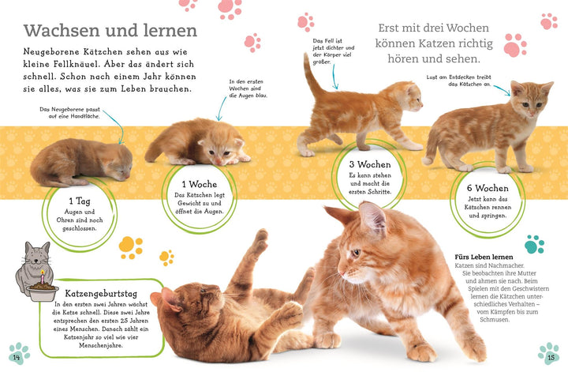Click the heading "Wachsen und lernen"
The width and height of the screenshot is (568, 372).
pyautogui.click(x=110, y=31)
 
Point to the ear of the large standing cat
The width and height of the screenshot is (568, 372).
pyautogui.click(x=371, y=215)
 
